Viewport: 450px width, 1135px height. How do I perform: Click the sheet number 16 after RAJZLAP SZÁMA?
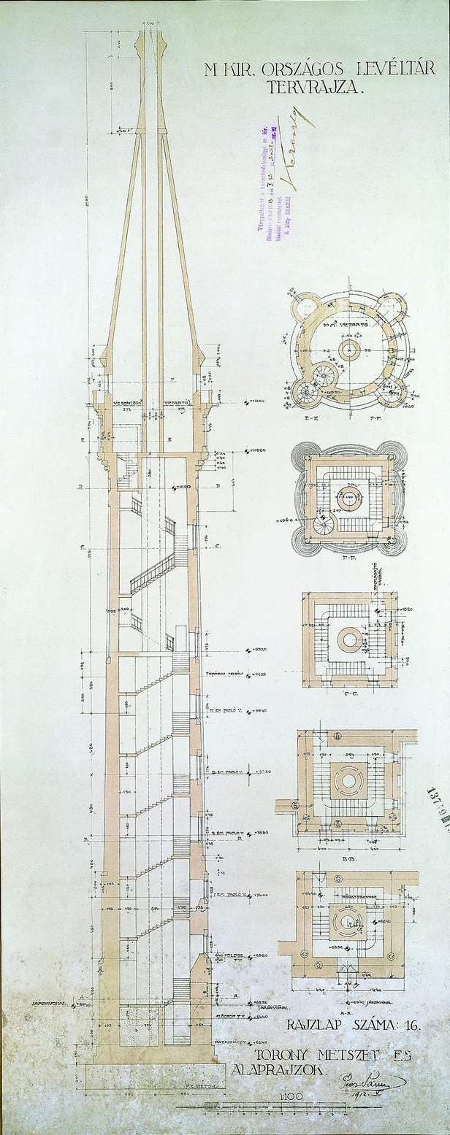[413, 1026]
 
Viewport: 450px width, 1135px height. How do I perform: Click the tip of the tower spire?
[151, 29]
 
